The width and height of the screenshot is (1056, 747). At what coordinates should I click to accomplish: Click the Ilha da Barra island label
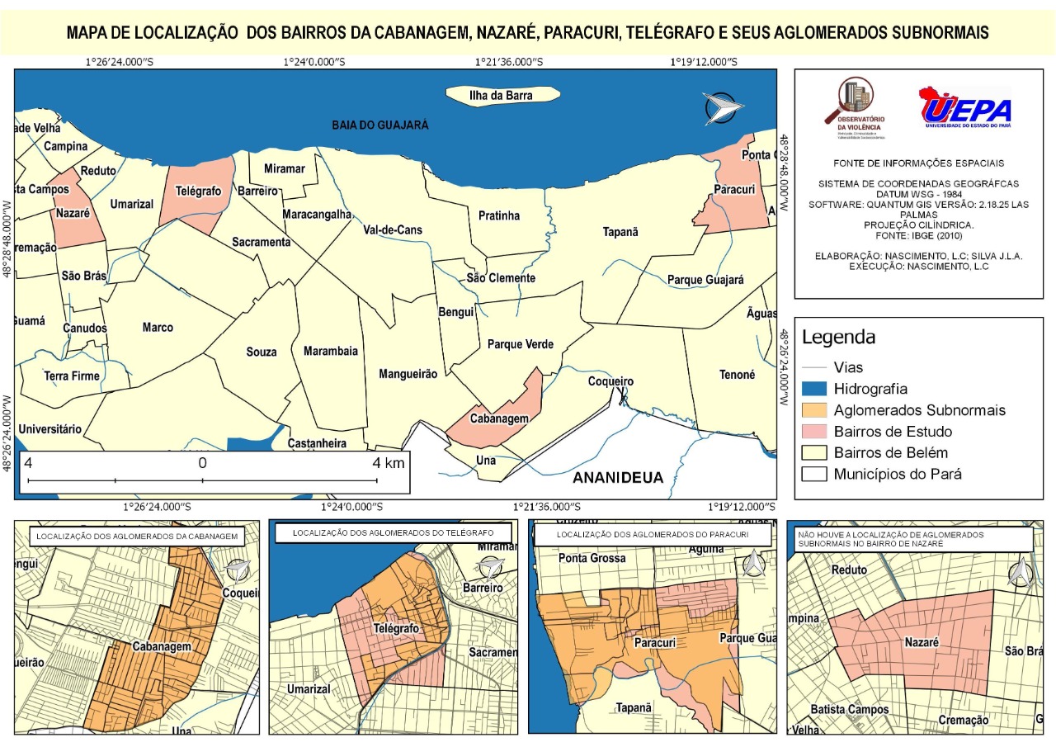click(501, 96)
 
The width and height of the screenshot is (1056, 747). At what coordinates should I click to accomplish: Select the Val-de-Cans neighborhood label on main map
click(393, 231)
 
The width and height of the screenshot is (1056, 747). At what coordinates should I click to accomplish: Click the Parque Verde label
click(520, 344)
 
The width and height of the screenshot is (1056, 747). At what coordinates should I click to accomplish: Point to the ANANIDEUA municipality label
click(618, 478)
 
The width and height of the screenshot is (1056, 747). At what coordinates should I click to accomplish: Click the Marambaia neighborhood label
click(331, 351)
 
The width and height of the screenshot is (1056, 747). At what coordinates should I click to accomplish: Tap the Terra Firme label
click(72, 376)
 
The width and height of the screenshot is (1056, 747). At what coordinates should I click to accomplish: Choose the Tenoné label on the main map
click(737, 375)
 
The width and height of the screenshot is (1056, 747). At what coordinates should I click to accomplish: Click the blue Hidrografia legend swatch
click(813, 389)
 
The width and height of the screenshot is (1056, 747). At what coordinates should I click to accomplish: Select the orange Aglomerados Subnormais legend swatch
click(813, 410)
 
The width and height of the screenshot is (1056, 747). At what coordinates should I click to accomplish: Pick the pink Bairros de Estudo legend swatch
click(813, 432)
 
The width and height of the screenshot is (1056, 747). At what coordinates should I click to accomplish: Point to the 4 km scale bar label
click(388, 463)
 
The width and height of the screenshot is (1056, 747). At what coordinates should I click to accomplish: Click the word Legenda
click(838, 337)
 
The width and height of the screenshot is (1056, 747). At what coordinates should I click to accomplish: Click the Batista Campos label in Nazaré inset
click(849, 710)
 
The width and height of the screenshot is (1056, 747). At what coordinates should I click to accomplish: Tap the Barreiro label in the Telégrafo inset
click(483, 589)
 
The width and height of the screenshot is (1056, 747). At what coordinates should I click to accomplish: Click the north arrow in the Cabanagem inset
click(238, 571)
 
